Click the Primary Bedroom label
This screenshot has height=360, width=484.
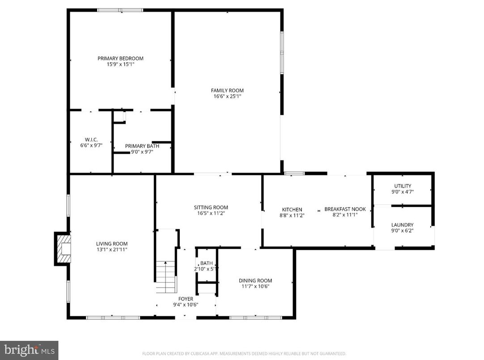click(120, 58)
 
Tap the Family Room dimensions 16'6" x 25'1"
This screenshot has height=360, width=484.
click(227, 96)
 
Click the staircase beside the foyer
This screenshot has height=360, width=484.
click(166, 276)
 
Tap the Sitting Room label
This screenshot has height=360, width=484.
click(211, 207)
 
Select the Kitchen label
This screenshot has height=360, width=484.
click(292, 210)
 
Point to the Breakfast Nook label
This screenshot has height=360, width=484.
click(345, 209)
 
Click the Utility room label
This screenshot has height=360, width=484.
click(402, 186)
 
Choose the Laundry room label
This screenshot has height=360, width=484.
click(402, 225)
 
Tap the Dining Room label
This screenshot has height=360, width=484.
click(255, 280)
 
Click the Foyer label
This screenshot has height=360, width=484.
click(186, 299)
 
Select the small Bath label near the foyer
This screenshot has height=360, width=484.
click(206, 263)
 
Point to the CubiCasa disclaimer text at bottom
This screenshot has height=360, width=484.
click(244, 353)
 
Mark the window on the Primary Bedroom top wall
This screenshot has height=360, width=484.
click(120, 10)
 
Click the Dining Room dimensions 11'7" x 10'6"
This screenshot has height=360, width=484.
click(255, 287)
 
